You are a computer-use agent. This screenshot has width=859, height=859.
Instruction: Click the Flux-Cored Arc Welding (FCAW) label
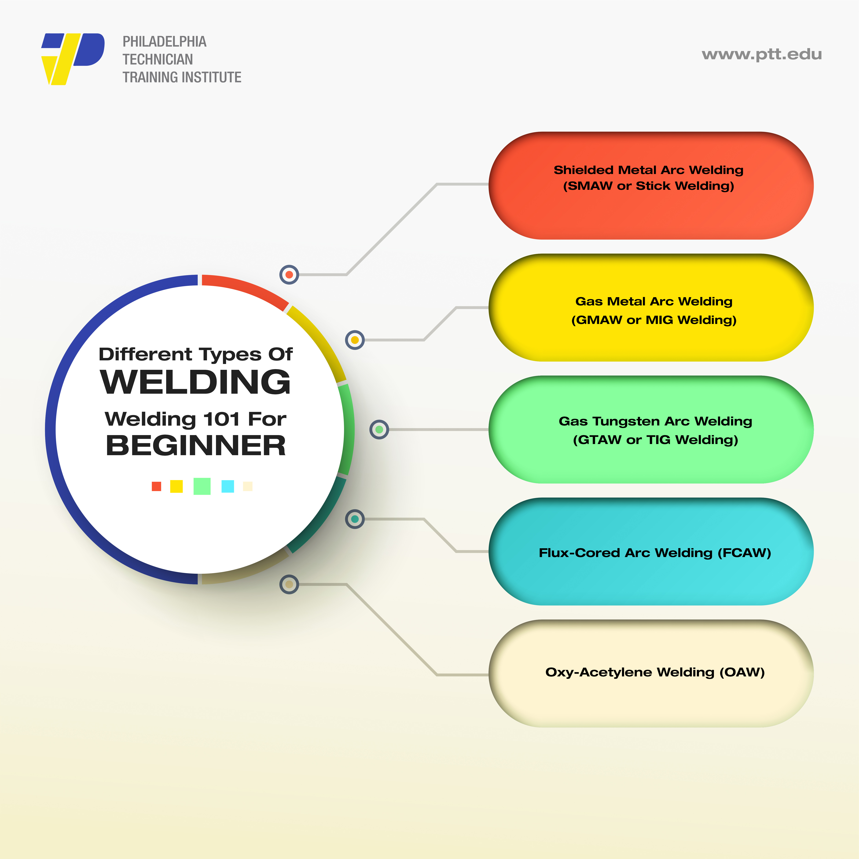654,553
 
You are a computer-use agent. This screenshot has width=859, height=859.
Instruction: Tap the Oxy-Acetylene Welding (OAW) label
654,672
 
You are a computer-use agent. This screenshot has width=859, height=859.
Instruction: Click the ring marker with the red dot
289,275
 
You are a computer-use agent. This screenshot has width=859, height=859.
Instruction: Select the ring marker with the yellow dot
355,340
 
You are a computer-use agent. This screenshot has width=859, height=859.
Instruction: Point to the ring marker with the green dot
379,429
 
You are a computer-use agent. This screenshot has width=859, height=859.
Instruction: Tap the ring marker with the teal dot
355,519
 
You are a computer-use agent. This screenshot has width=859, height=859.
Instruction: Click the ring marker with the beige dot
289,584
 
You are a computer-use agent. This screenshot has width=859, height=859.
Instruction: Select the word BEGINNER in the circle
196,446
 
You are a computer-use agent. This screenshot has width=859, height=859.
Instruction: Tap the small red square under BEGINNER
156,486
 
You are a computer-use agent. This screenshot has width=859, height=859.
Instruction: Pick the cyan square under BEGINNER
228,486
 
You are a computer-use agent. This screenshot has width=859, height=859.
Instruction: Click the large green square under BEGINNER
202,486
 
